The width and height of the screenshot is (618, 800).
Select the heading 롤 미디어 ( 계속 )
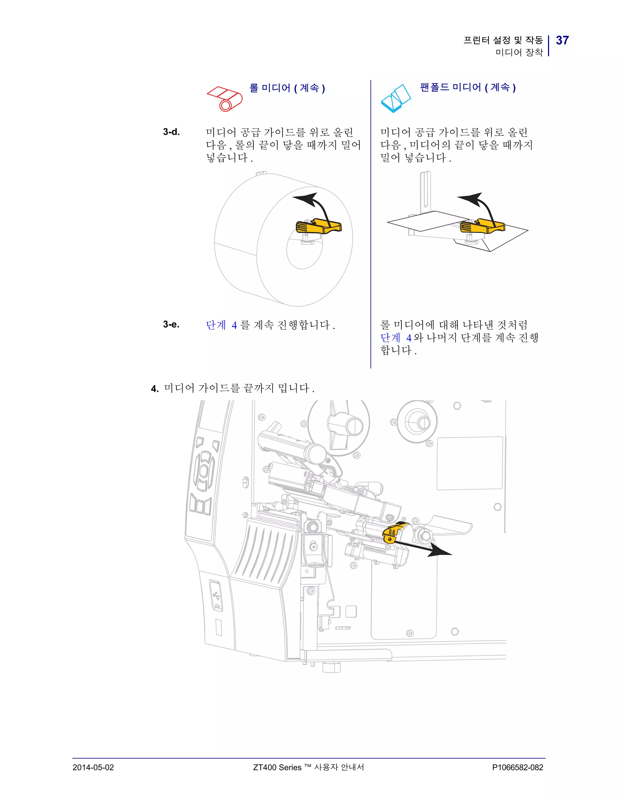(x=287, y=88)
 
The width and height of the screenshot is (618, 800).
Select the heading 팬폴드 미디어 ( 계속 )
(x=468, y=88)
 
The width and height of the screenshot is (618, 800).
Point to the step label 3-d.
(x=171, y=132)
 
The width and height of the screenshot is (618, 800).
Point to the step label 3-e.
(x=171, y=324)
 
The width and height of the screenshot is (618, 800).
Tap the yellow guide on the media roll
(x=318, y=227)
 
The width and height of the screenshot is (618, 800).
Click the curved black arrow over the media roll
(x=315, y=205)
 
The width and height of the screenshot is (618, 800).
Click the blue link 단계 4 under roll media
(x=221, y=325)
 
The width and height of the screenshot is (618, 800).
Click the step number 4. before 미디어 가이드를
(x=154, y=389)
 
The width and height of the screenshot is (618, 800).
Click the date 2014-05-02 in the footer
(x=93, y=767)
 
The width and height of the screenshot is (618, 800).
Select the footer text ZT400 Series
(x=277, y=767)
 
